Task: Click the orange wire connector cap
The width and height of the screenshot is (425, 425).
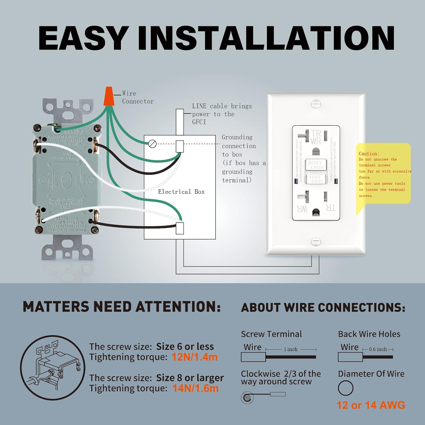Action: [109, 96]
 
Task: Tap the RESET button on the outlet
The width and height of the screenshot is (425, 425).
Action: [316, 165]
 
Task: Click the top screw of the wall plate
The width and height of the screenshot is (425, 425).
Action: [316, 104]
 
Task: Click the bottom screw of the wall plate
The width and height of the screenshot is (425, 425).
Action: [316, 241]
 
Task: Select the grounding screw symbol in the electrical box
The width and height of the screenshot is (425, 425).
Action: [152, 144]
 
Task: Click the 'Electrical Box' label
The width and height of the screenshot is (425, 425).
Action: [181, 192]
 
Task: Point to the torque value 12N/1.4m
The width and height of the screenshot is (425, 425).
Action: [194, 357]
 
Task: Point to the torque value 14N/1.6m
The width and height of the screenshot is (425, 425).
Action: [195, 388]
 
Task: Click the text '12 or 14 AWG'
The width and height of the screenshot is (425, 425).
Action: [371, 405]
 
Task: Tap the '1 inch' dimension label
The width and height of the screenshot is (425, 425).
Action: [291, 349]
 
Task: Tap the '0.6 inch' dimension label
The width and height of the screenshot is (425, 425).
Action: [378, 349]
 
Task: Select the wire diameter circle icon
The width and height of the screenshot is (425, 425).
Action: [346, 388]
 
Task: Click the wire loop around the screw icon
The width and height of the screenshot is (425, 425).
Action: [247, 398]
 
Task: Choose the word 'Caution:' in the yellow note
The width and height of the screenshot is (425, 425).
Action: [369, 154]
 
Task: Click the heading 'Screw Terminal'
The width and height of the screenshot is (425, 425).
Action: [271, 334]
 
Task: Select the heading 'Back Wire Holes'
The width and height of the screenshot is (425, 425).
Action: [369, 334]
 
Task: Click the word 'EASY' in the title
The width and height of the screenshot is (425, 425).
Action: [82, 38]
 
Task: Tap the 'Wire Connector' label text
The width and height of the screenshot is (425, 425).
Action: [138, 97]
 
